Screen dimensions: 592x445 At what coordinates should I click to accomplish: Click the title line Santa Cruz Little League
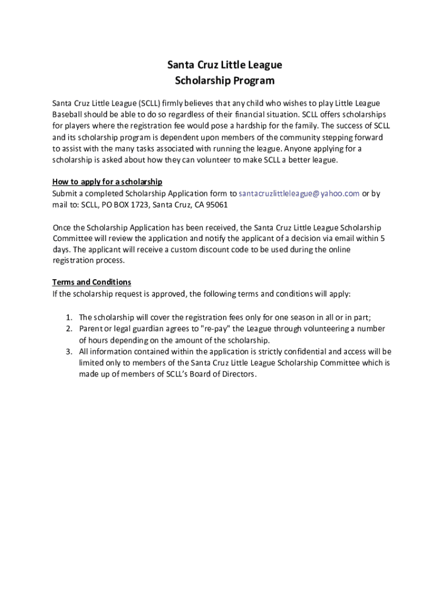point(225,65)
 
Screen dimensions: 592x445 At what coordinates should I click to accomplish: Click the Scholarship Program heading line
point(225,80)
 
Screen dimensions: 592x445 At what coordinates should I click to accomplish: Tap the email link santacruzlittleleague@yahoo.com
point(299,194)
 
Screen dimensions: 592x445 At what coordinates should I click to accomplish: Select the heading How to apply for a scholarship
point(107,182)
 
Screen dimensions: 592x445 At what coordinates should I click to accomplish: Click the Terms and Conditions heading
point(92,282)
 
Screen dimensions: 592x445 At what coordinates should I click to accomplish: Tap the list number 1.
point(68,317)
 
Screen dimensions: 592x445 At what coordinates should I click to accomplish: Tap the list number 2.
point(68,328)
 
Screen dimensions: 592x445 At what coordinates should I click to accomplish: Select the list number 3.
point(68,351)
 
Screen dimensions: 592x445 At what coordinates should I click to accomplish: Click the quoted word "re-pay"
point(213,328)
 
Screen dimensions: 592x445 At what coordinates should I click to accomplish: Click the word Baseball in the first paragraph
point(69,114)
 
